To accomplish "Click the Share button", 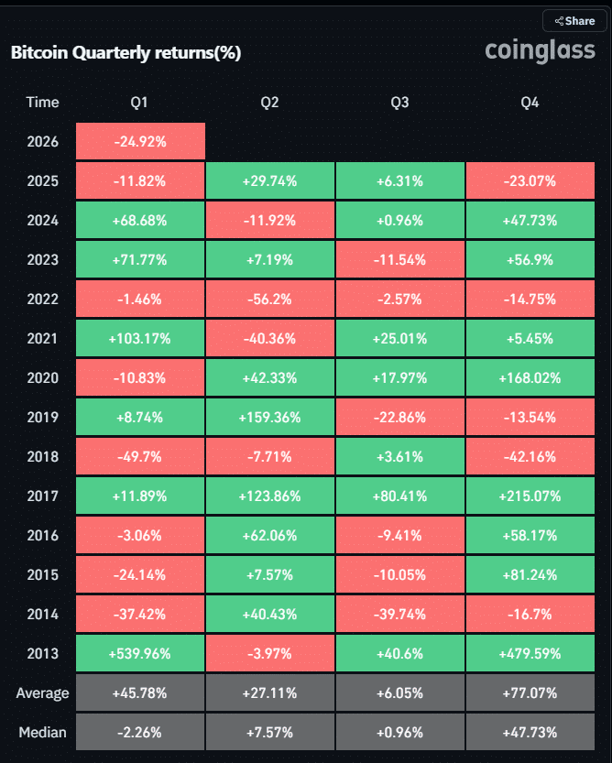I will [574, 20].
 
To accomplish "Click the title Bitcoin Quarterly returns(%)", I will [126, 53].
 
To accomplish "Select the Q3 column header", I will [399, 103].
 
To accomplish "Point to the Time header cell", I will [42, 103].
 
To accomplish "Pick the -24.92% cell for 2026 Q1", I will [140, 142].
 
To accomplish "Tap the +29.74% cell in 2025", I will [269, 181].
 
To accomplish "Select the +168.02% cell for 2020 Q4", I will [530, 378].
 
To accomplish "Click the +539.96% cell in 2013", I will [140, 654].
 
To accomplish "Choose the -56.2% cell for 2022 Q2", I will [269, 300].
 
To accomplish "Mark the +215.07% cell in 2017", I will [530, 496].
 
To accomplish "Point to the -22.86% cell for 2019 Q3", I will [399, 418].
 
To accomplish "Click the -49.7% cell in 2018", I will [140, 457].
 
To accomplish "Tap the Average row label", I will [42, 693].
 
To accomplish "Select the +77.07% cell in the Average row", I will [530, 693].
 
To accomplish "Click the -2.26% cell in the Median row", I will [140, 733].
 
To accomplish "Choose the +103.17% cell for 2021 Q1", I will [140, 339].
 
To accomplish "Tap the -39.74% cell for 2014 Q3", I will [399, 615].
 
